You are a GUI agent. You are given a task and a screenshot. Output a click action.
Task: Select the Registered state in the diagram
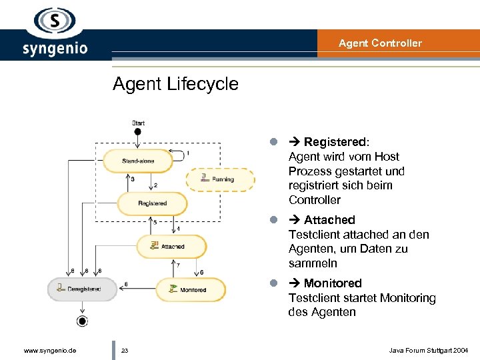(x=152, y=203)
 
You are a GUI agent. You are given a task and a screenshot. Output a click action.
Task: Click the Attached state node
(x=171, y=247)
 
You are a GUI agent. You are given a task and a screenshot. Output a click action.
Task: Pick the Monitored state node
(x=191, y=289)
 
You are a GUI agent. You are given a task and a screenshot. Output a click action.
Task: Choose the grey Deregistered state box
(x=82, y=289)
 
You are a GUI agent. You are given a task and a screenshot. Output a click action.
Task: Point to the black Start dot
(x=138, y=132)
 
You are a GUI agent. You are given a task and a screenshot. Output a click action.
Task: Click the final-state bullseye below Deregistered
(x=82, y=321)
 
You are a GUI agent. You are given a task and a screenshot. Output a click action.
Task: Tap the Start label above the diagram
(x=138, y=123)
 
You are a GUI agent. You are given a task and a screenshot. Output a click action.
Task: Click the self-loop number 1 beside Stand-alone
(x=187, y=153)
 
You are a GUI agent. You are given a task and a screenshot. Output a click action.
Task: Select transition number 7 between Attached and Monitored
(x=177, y=265)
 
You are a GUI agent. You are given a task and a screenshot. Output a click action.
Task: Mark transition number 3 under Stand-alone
(x=132, y=179)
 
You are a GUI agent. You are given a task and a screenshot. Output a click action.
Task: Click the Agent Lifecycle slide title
(x=175, y=84)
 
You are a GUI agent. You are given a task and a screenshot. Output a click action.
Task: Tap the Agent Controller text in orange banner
(x=380, y=43)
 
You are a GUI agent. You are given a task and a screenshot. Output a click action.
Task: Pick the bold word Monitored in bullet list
(x=333, y=283)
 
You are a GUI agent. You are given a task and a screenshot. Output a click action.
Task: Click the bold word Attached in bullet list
(x=329, y=220)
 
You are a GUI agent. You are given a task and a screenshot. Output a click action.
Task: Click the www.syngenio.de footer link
(x=50, y=350)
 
